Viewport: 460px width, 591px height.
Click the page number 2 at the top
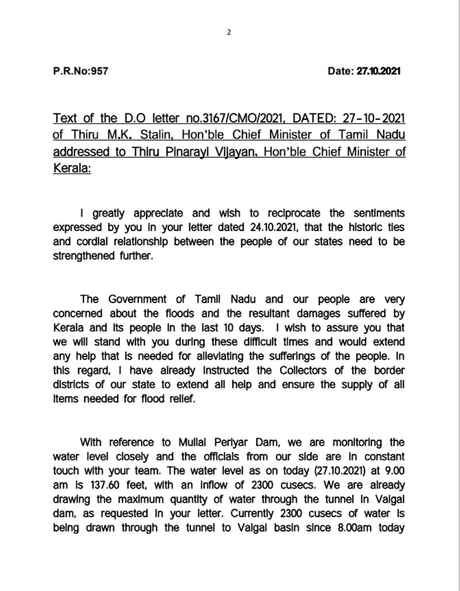pyautogui.click(x=229, y=32)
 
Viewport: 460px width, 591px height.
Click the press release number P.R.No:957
pyautogui.click(x=80, y=71)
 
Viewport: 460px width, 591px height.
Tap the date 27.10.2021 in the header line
pyautogui.click(x=378, y=71)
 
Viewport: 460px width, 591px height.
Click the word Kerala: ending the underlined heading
pyautogui.click(x=72, y=168)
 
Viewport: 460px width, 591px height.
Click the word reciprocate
pyautogui.click(x=294, y=213)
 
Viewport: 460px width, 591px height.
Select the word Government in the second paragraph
pyautogui.click(x=137, y=299)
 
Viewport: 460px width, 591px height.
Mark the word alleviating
pyautogui.click(x=220, y=356)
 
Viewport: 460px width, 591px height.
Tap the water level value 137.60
pyautogui.click(x=105, y=485)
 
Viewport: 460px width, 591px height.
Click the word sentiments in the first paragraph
pyautogui.click(x=379, y=213)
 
